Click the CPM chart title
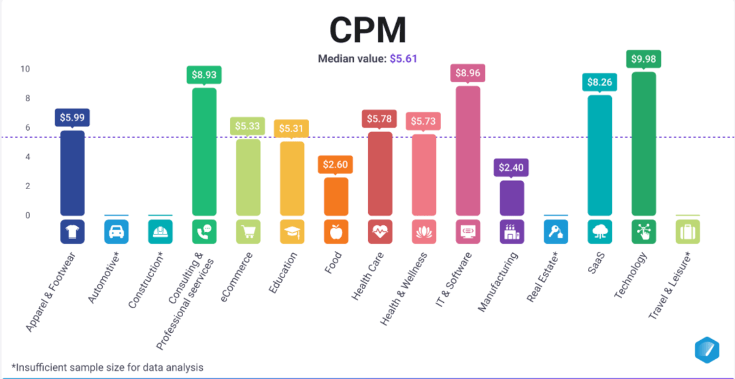tap(367, 30)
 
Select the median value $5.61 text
tap(403, 59)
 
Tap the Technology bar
tap(644, 144)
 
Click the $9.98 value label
tap(644, 59)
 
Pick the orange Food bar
tap(336, 196)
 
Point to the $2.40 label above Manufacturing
tap(512, 167)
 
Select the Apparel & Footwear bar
tap(72, 173)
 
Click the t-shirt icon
tap(72, 232)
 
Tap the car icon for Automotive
tap(116, 232)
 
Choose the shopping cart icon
tap(248, 232)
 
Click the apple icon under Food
tap(336, 232)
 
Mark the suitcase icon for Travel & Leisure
tap(687, 232)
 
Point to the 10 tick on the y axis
tap(25, 69)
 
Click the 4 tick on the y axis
tap(27, 156)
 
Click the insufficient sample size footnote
tap(107, 367)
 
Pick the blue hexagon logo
tap(706, 349)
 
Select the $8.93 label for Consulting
tap(204, 75)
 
